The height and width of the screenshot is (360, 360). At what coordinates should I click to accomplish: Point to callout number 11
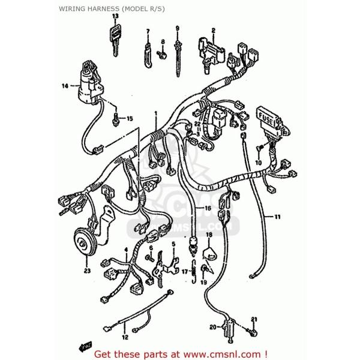pos(277,216)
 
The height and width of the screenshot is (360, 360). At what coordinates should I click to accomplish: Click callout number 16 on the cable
pos(207,208)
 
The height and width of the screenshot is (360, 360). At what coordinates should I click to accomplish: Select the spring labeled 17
pos(194,271)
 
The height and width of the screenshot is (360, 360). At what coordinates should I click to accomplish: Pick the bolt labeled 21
pos(252,331)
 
